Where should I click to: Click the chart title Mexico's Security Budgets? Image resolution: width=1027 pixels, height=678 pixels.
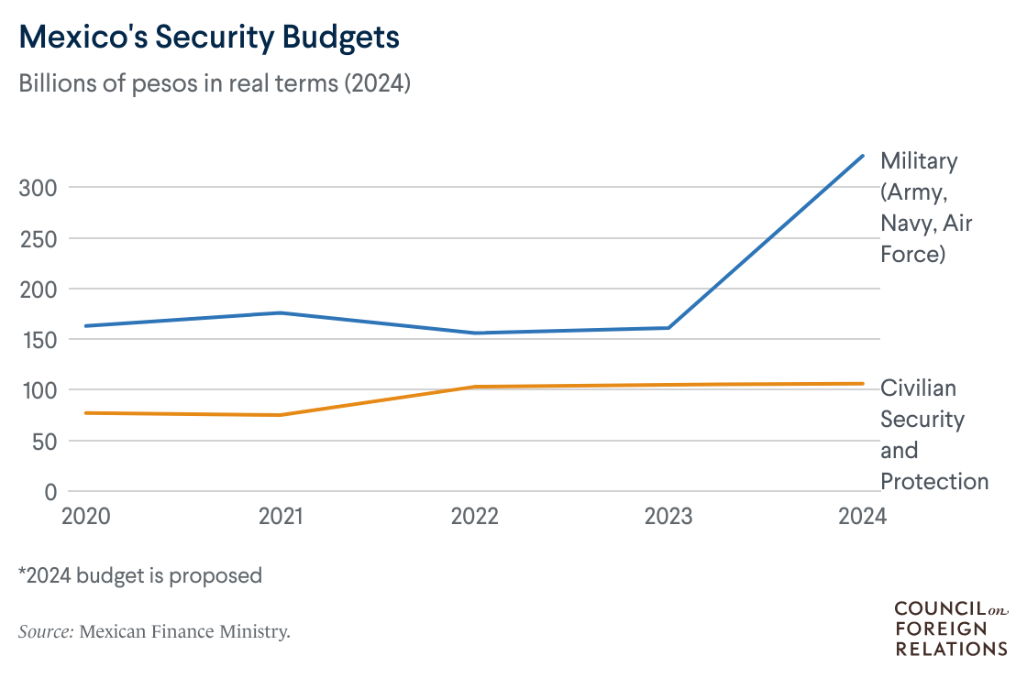click(209, 38)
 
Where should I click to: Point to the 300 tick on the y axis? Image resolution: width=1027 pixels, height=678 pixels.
click(38, 188)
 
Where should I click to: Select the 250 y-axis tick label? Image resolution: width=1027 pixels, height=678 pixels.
click(38, 238)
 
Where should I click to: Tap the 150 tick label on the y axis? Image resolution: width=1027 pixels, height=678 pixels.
click(38, 340)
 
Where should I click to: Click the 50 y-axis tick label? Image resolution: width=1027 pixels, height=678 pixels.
click(43, 441)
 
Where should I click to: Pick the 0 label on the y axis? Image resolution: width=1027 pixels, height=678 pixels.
click(51, 492)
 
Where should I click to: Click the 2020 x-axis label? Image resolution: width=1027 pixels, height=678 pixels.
click(86, 517)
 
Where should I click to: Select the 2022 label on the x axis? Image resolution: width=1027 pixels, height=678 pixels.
click(474, 517)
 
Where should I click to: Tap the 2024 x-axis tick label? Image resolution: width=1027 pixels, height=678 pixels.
click(862, 517)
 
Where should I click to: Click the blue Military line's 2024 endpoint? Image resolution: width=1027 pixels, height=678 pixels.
click(862, 156)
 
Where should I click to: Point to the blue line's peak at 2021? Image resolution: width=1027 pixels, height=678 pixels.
click(281, 313)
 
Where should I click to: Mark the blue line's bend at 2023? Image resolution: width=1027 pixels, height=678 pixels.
click(668, 328)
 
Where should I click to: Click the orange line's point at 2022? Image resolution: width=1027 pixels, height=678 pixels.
click(474, 387)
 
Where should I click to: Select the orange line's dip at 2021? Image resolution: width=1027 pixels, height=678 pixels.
click(281, 415)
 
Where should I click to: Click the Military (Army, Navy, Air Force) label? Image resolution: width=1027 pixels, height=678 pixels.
click(919, 207)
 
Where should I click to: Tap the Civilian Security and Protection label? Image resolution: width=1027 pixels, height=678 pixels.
click(933, 434)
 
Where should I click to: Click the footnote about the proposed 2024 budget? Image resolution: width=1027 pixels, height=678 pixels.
click(140, 575)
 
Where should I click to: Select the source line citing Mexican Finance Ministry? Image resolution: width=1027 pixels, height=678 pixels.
click(154, 631)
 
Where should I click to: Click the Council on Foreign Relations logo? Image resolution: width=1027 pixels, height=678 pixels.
click(950, 629)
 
